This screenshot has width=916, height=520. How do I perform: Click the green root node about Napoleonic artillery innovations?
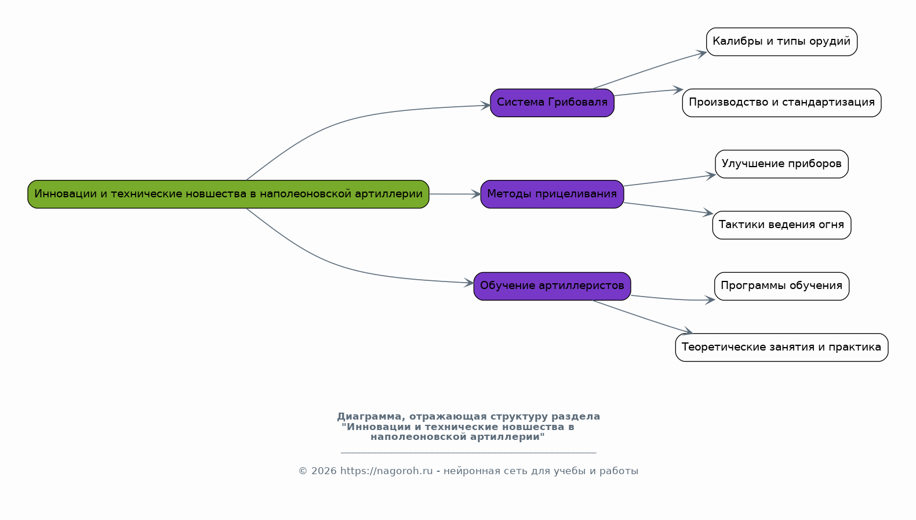(x=228, y=194)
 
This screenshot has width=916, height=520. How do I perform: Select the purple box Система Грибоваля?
(x=552, y=103)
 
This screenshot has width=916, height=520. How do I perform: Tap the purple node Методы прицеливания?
(x=552, y=194)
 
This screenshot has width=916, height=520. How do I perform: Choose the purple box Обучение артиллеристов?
(x=552, y=286)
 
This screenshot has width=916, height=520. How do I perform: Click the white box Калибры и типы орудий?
(x=781, y=42)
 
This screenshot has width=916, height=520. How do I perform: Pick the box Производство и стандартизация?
(x=781, y=103)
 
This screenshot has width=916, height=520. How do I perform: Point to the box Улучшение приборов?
(x=781, y=164)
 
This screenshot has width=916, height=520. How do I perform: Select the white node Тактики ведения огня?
(x=781, y=225)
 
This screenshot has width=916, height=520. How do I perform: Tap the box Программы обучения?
(x=781, y=286)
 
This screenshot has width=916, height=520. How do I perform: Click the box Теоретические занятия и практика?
(x=781, y=347)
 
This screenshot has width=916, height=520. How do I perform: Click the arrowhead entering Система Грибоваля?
(x=485, y=106)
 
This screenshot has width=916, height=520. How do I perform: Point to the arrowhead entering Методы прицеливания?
(x=476, y=194)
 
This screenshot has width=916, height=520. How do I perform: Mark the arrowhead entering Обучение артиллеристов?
(x=468, y=283)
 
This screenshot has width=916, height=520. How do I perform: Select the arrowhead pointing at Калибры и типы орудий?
(x=701, y=53)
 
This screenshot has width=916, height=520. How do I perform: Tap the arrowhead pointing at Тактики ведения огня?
(x=708, y=212)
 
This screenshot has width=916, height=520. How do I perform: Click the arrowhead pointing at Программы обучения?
(x=710, y=300)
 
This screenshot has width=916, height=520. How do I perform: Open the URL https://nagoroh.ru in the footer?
(x=387, y=471)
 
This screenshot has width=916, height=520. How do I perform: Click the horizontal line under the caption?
(x=468, y=453)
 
